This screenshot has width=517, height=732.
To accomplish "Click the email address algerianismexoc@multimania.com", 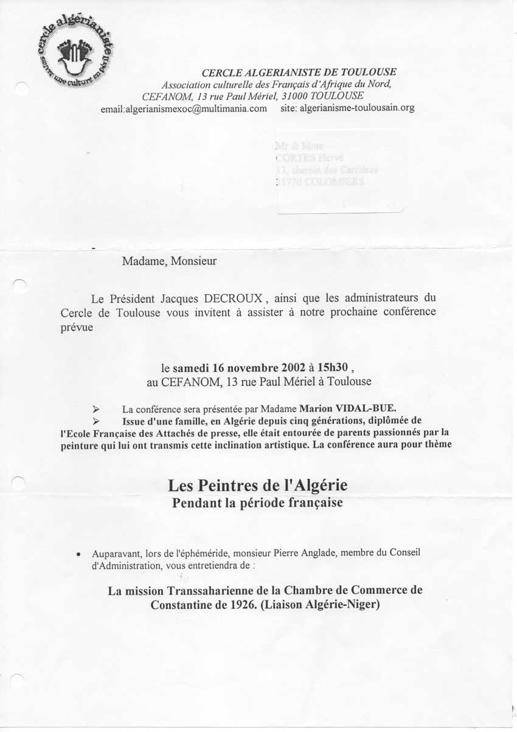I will (x=184, y=108).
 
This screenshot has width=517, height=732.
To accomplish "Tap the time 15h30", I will (x=330, y=368).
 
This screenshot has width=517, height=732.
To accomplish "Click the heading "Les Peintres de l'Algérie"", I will (x=258, y=486).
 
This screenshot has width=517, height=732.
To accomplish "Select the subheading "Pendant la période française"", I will (x=257, y=504).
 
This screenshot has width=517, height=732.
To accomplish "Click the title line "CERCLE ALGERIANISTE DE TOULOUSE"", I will (x=299, y=72).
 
